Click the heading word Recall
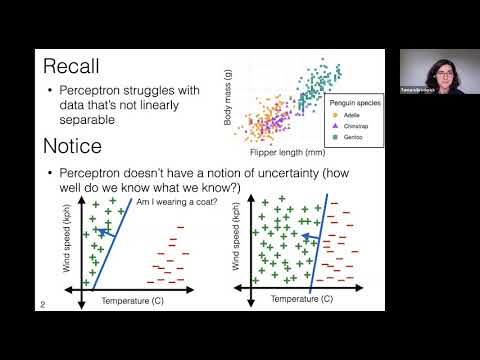click(75, 68)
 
